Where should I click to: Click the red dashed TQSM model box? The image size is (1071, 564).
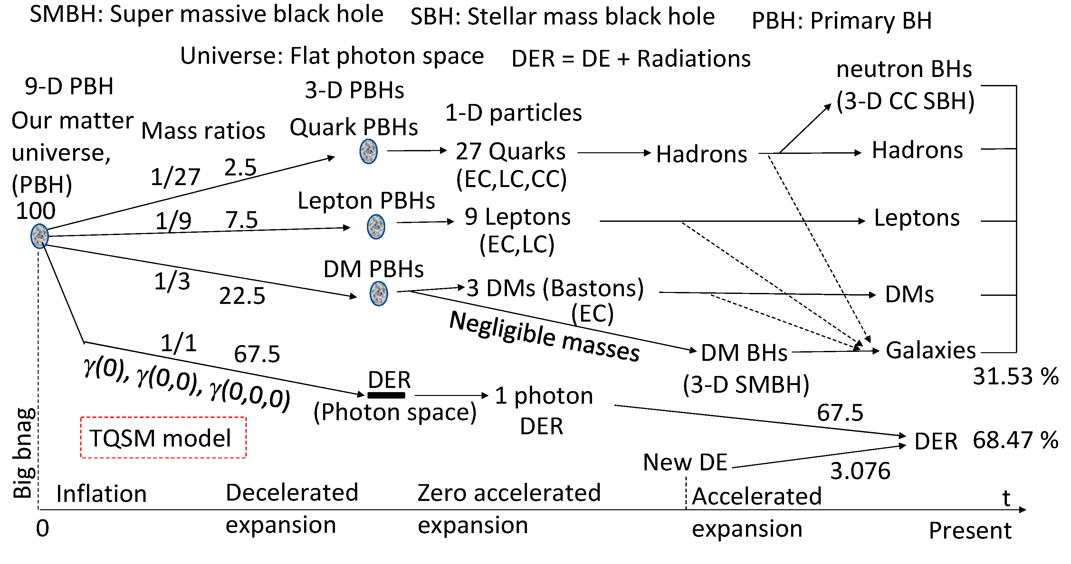point(163,438)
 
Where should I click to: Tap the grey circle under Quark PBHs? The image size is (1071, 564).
point(368,151)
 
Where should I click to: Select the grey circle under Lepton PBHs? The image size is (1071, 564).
point(376,227)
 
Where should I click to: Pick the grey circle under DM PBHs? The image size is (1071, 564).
point(378,294)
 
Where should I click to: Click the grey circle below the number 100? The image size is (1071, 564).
point(40,236)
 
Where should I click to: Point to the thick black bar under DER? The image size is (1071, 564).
point(386,395)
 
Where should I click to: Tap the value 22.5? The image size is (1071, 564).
point(242,296)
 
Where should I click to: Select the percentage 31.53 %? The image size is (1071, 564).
point(1015,377)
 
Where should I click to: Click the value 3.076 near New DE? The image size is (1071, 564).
point(860,471)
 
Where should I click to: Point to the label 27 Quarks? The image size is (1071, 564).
point(511,151)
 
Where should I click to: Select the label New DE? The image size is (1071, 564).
point(685,462)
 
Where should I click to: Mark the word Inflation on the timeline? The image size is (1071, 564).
point(101,494)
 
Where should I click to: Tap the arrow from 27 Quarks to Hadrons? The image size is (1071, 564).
point(614,153)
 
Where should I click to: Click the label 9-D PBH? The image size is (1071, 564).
point(69,87)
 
